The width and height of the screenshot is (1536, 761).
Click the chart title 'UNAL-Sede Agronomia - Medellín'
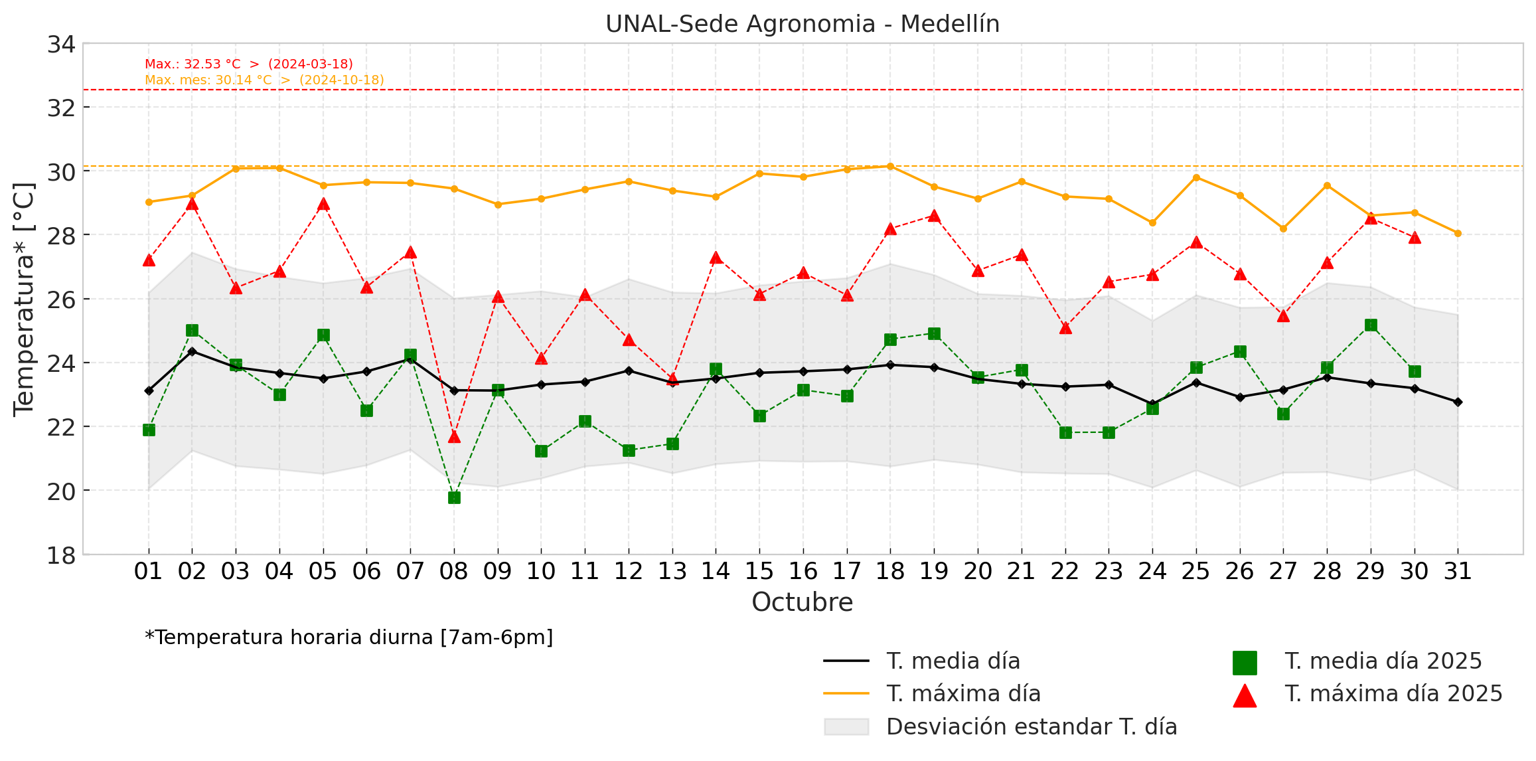[x=802, y=24]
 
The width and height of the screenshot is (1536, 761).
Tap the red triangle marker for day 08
[x=454, y=436]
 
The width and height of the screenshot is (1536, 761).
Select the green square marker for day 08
[x=454, y=497]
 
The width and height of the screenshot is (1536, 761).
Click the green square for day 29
[x=1371, y=325]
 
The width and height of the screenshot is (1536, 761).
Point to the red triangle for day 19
[x=934, y=216]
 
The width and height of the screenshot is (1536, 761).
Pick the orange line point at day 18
[x=890, y=166]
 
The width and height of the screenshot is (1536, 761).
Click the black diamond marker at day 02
[x=192, y=351]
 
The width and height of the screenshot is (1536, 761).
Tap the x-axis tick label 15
[x=759, y=571]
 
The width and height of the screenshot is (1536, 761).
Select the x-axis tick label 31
[x=1458, y=571]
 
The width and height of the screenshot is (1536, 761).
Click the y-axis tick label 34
[x=61, y=44]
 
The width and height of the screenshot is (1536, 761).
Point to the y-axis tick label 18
[x=61, y=555]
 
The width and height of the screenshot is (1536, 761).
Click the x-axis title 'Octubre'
[x=802, y=602]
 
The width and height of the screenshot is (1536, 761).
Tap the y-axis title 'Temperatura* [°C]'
[x=24, y=299]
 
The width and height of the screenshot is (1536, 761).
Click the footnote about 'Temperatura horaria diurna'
[x=348, y=637]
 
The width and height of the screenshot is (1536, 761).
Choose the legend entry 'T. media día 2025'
[x=1383, y=661]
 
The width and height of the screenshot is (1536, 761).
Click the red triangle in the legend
[x=1245, y=695]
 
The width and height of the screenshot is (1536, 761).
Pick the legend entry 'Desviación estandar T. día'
[x=1031, y=726]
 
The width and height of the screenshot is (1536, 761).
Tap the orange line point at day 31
[x=1458, y=233]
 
